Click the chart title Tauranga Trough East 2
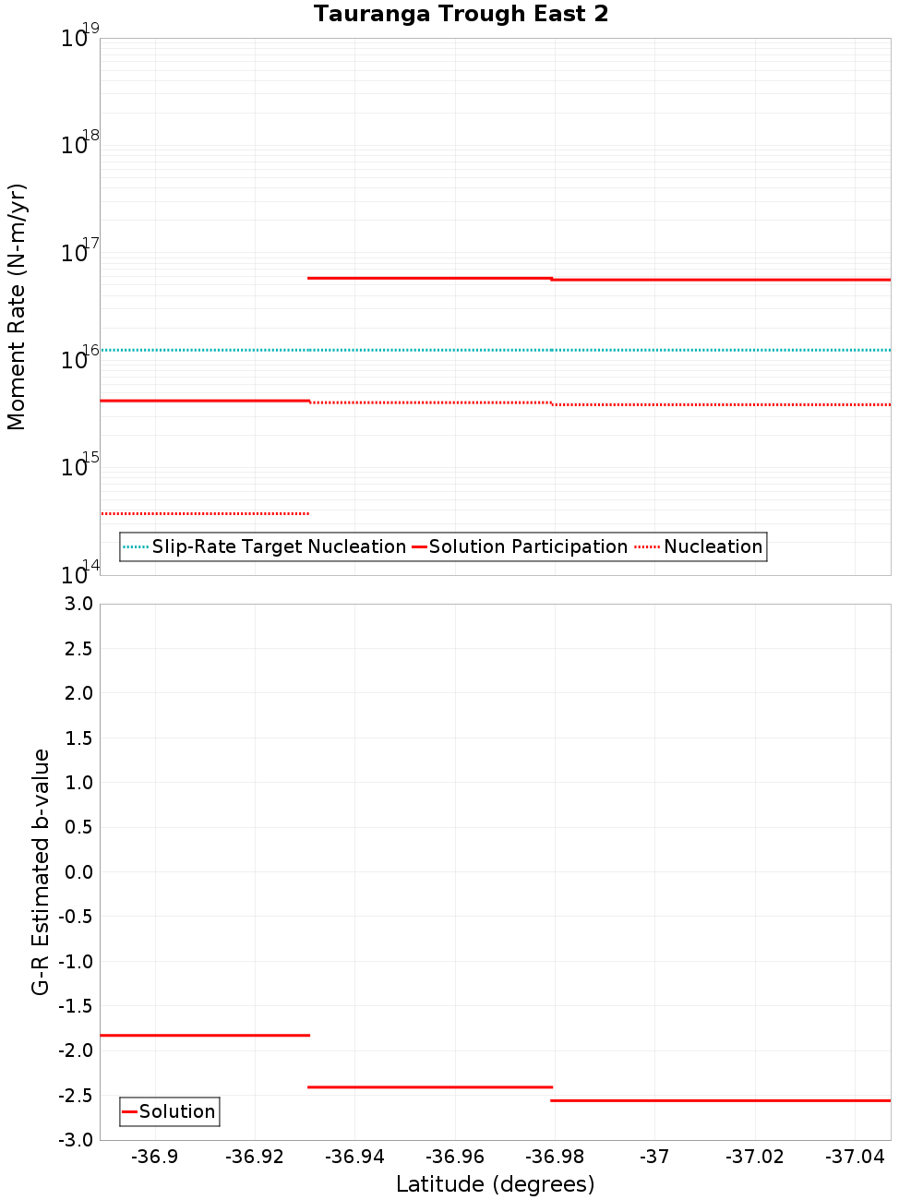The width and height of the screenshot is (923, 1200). tap(461, 14)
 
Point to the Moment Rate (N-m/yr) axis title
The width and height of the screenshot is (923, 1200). tap(17, 306)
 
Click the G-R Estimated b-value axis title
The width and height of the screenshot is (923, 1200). tap(41, 871)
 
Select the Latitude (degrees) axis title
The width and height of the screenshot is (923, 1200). tap(495, 1184)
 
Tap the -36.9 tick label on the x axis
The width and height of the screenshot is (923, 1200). tap(155, 1157)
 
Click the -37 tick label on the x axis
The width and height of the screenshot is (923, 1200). tap(654, 1157)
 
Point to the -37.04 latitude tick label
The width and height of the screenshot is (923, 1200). tap(855, 1157)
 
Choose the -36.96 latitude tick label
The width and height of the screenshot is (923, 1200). tap(455, 1157)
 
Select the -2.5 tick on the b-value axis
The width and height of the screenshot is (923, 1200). tap(75, 1096)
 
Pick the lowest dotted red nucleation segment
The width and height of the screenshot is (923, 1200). tap(204, 513)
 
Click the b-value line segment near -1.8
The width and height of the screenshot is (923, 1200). tap(204, 1036)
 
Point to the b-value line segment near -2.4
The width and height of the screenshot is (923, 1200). tap(429, 1087)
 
